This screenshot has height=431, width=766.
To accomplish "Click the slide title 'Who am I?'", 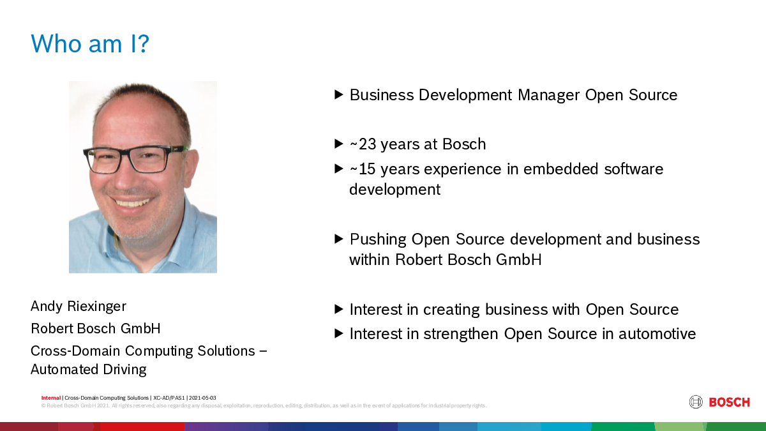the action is [90, 43].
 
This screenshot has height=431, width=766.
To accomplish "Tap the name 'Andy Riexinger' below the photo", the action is [79, 306].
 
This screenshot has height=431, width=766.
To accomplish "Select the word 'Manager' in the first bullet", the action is [548, 95].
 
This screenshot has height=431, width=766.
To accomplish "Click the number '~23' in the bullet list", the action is [363, 144].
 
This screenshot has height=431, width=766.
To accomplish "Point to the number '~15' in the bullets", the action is [363, 169].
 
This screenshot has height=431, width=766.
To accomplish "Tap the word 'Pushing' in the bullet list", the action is [378, 239].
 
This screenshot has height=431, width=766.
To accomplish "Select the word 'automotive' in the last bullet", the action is [657, 334].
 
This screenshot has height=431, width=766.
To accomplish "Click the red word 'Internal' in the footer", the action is [51, 398].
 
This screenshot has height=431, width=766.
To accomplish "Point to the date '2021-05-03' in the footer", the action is [202, 398].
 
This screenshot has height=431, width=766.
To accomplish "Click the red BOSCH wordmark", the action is [730, 402].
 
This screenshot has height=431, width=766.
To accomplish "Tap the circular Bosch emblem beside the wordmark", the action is [696, 402].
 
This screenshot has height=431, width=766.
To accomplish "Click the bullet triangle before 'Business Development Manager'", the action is [338, 95].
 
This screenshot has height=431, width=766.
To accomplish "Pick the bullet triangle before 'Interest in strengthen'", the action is [338, 333].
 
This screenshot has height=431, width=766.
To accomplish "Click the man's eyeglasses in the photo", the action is [135, 159].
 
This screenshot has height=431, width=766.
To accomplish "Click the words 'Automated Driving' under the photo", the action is [89, 370].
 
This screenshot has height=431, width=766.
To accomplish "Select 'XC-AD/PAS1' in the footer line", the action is [169, 398].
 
